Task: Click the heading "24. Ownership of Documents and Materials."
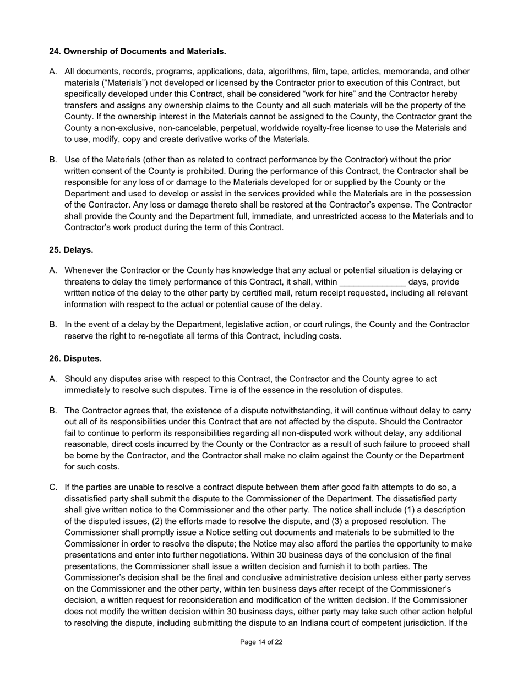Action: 138,52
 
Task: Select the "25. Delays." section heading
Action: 71,250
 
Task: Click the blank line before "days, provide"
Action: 373,282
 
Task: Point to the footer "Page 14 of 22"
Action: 261,642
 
